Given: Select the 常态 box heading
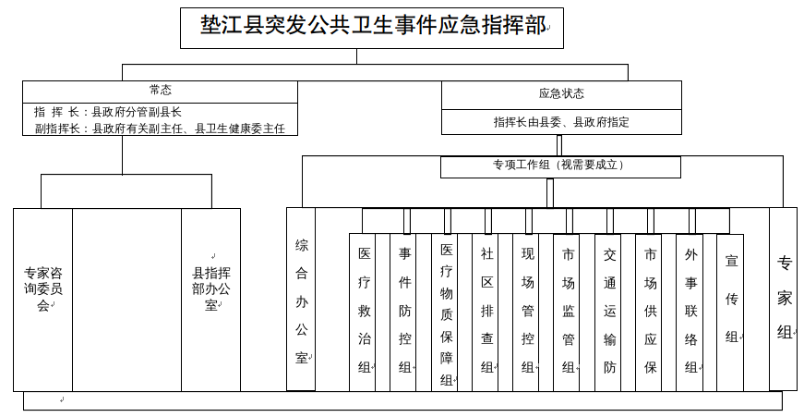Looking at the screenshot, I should [x=161, y=91].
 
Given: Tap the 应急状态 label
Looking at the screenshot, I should [x=561, y=93].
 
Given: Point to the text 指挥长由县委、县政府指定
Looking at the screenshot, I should [x=561, y=122].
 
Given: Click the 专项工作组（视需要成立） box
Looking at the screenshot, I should [x=560, y=166].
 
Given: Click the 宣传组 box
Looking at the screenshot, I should [x=731, y=298].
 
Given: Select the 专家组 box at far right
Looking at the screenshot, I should [x=784, y=298].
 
